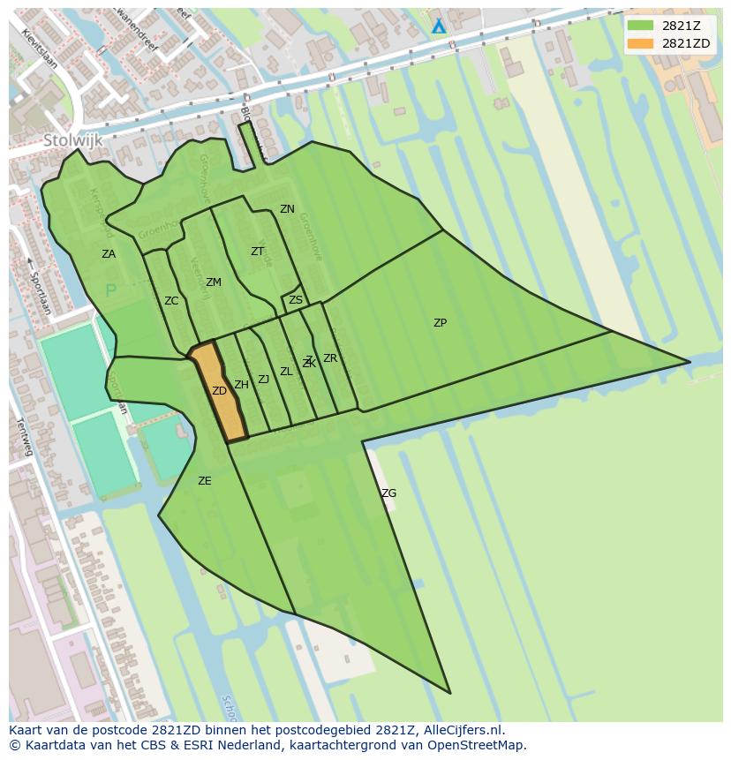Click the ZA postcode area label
click(x=109, y=254)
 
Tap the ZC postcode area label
click(x=171, y=301)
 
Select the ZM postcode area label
click(x=214, y=282)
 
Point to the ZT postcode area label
click(x=257, y=252)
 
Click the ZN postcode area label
click(x=287, y=209)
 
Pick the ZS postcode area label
click(x=296, y=300)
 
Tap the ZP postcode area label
click(x=440, y=323)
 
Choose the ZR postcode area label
click(x=330, y=358)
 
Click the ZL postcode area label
click(x=286, y=372)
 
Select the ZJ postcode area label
click(x=263, y=380)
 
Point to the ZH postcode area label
click(x=241, y=385)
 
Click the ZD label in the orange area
click(x=219, y=391)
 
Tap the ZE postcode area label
click(x=205, y=481)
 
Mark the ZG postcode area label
click(x=389, y=493)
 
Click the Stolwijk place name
click(x=73, y=140)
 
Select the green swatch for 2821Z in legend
click(x=640, y=26)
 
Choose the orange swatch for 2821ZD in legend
click(x=640, y=43)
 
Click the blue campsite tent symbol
click(x=439, y=26)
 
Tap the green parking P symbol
click(x=110, y=290)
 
